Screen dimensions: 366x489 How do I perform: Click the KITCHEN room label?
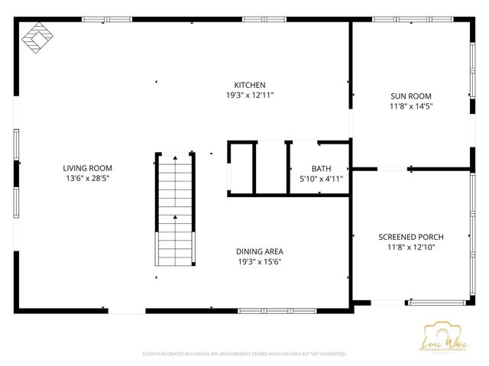tap(250, 85)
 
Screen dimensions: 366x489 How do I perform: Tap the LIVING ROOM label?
tap(87, 168)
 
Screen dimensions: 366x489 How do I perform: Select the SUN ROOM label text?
tap(411, 96)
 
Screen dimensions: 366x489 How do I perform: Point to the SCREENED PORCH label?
tap(411, 237)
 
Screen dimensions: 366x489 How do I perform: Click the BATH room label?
tap(321, 169)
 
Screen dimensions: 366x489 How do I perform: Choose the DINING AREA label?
tap(260, 251)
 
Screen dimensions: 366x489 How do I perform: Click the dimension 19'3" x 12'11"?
tap(250, 96)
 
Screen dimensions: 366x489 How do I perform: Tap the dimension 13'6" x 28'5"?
tap(87, 178)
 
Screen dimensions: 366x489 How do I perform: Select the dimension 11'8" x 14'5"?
tap(411, 107)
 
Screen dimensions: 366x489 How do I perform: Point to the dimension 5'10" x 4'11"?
tap(321, 179)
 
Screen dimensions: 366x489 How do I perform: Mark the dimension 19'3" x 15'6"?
tap(260, 261)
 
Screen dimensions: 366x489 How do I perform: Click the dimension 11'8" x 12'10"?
tap(411, 248)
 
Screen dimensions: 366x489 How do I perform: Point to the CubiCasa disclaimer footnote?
tap(244, 355)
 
